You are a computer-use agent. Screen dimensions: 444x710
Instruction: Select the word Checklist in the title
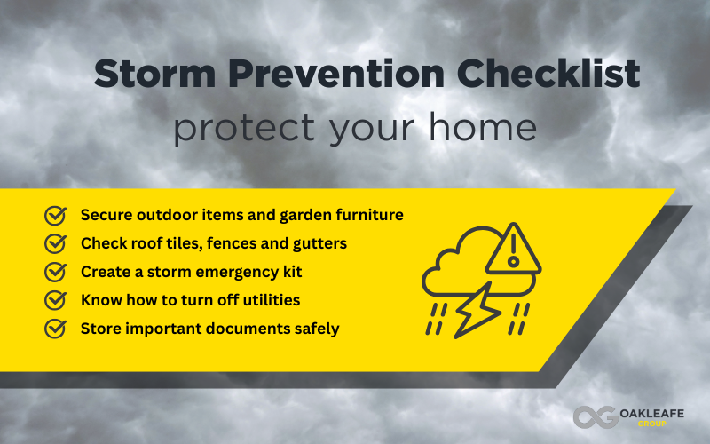coord(540,75)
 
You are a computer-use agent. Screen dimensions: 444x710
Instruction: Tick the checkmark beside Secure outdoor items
coord(56,215)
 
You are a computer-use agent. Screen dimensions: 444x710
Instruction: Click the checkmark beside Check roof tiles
coord(56,242)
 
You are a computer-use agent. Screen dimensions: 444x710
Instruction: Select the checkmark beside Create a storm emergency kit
coord(56,271)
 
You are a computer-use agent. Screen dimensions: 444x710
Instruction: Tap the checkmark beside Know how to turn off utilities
coord(56,299)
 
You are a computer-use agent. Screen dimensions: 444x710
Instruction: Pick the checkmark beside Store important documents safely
coord(56,328)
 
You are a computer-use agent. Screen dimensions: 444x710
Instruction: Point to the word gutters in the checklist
coord(317,243)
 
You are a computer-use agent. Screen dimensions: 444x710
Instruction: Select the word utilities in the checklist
coord(269,299)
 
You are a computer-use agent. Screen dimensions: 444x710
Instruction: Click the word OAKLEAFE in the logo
coord(652,411)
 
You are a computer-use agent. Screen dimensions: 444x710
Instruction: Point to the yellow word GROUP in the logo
coord(652,424)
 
